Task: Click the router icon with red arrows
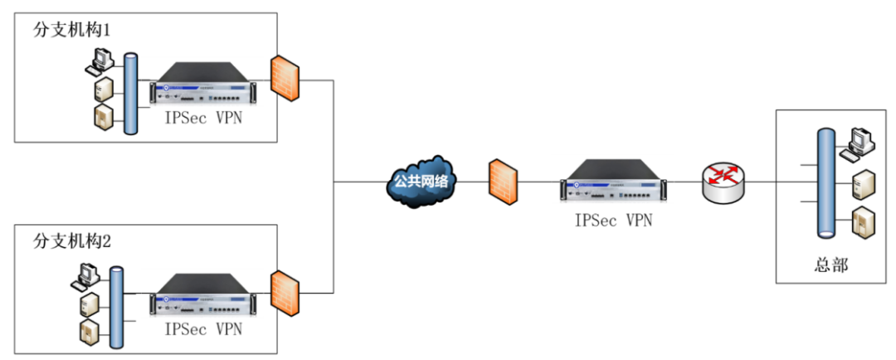[x=723, y=181]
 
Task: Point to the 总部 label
[x=830, y=265]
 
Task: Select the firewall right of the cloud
[x=503, y=181]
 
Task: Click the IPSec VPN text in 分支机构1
[x=203, y=118]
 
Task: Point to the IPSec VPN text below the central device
[x=614, y=220]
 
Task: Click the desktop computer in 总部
[x=856, y=144]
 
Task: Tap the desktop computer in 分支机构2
[x=89, y=275]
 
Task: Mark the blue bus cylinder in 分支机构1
[x=129, y=93]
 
